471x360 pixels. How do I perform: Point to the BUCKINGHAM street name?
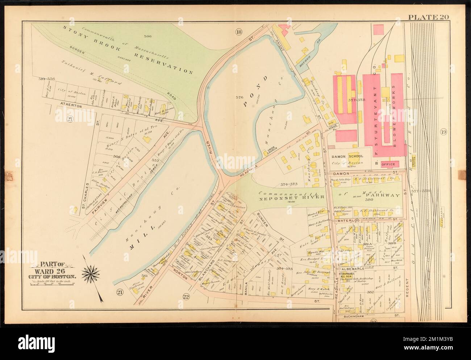point(354,316)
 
